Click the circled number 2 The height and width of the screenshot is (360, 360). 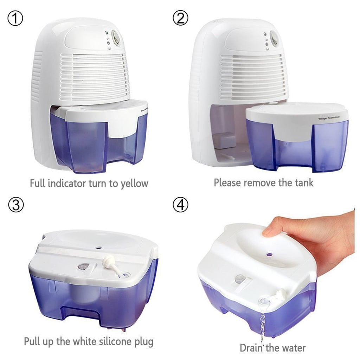tap(180, 18)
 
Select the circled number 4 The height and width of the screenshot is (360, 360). tap(180, 205)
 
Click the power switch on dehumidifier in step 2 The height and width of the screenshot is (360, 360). tap(274, 39)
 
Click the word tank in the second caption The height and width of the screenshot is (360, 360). tap(303, 182)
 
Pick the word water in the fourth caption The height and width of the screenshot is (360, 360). tap(292, 348)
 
